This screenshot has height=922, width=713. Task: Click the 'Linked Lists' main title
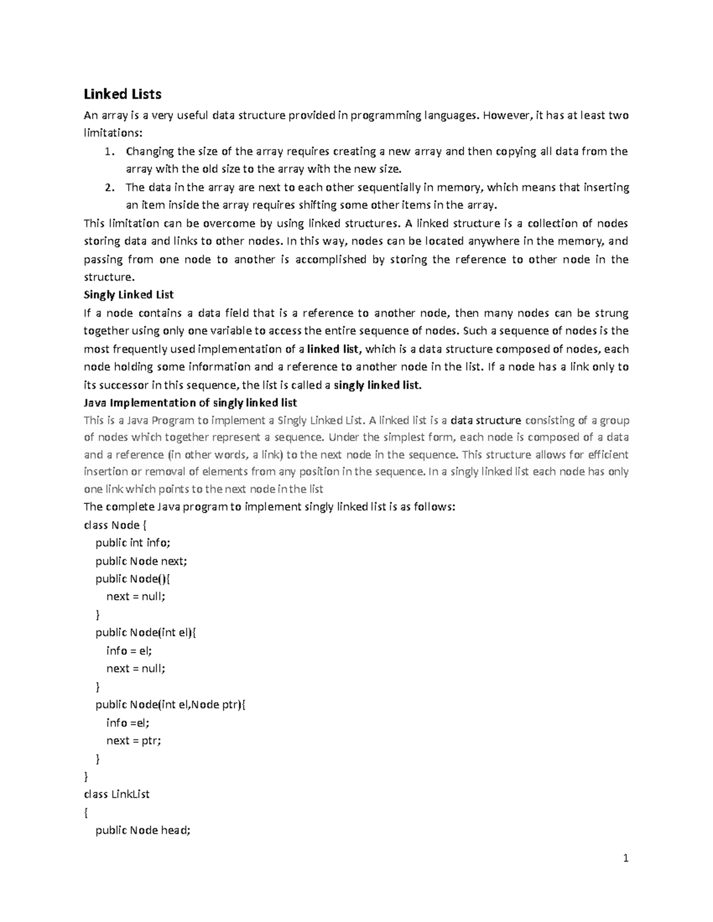tap(122, 94)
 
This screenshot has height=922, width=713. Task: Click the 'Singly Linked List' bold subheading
tap(128, 295)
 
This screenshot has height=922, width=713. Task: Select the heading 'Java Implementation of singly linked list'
tap(190, 403)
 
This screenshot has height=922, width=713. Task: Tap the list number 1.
tap(108, 151)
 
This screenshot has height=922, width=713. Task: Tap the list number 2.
tap(108, 188)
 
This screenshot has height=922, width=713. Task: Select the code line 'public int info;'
tap(133, 543)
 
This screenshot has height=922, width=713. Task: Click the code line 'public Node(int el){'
tap(145, 633)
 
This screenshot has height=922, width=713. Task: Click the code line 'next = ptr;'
tap(134, 740)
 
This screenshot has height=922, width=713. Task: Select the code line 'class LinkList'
tap(116, 794)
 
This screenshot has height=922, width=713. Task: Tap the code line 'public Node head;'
tap(143, 831)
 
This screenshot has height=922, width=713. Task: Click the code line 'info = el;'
tap(129, 651)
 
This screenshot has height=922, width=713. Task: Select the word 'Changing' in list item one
tap(147, 151)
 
